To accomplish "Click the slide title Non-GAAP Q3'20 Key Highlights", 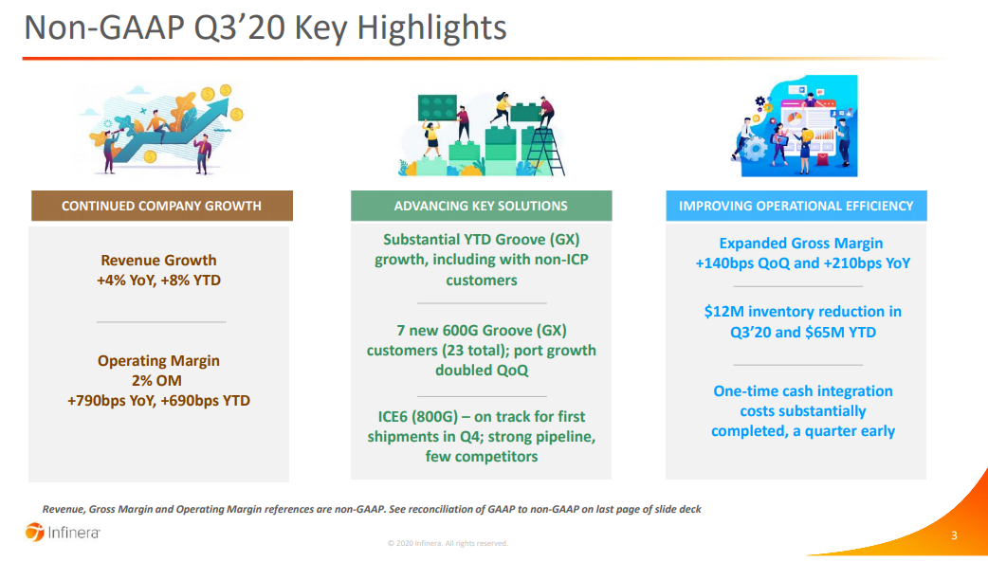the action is (265, 27).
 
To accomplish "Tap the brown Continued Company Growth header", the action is (162, 206).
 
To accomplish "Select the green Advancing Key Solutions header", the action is (482, 206).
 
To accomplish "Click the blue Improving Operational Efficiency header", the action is (796, 206).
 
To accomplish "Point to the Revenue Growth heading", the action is (158, 261).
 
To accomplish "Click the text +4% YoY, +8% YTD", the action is (158, 281).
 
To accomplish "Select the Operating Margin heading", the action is (158, 360).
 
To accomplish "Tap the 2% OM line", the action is (156, 381).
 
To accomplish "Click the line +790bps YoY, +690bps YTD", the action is (158, 401).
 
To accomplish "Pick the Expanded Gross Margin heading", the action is (801, 244).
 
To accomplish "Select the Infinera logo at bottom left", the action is (63, 533).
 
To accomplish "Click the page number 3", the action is (954, 535).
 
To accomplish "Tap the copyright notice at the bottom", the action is (448, 543).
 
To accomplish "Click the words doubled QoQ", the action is (482, 371).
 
